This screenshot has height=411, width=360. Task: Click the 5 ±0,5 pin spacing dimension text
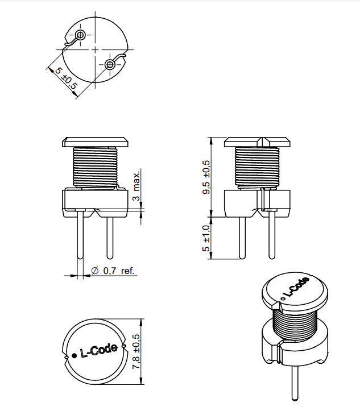click(64, 78)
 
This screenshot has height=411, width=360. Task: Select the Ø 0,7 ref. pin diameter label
click(113, 271)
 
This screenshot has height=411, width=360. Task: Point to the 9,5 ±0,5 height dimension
click(206, 177)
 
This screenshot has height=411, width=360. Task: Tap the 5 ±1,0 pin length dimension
click(206, 238)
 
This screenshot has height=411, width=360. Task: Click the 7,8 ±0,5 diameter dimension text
click(136, 352)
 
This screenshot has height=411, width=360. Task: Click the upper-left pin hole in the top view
click(80, 35)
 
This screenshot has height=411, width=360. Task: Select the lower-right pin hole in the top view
click(110, 64)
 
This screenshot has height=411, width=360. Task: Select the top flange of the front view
click(96, 141)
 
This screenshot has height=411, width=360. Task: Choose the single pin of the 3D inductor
click(296, 384)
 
